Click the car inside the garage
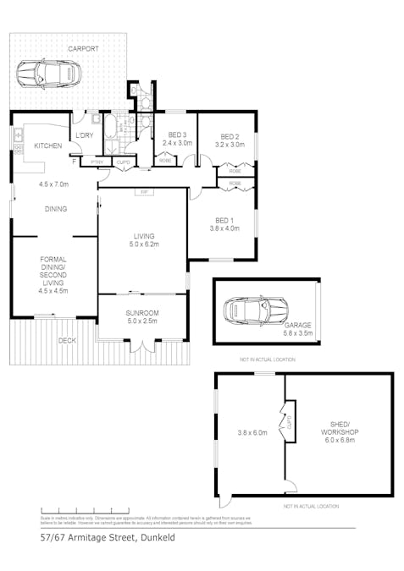253,310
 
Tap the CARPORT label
83,49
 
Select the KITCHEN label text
48,146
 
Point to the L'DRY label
84,135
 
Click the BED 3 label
177,135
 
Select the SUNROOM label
143,313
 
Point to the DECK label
67,340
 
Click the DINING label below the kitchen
56,209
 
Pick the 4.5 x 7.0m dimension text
53,184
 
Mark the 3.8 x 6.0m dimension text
252,432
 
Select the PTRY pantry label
97,162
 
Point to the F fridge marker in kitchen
74,161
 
